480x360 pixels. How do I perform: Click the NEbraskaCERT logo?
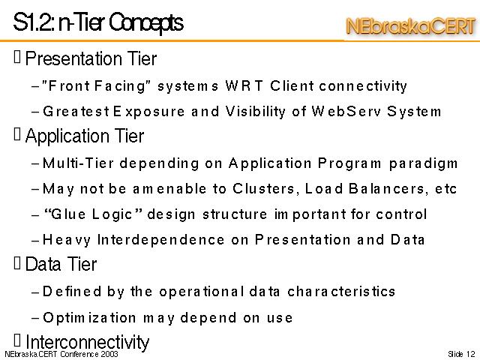tap(411, 26)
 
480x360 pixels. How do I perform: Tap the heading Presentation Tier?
tap(91, 58)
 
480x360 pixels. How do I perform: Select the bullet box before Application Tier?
tap(17, 134)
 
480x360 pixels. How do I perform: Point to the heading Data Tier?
tap(61, 264)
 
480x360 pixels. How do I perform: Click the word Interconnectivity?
tap(87, 342)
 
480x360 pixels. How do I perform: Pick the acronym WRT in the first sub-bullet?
tap(244, 85)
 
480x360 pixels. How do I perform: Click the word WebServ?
tap(346, 111)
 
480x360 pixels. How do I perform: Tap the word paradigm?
tap(423, 163)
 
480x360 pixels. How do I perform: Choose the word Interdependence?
tap(160, 240)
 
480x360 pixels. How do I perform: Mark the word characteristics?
tap(341, 291)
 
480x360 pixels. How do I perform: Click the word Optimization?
tap(89, 318)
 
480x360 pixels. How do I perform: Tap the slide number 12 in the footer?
tap(471, 354)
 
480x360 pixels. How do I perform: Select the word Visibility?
tap(255, 112)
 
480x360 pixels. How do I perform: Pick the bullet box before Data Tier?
tap(17, 263)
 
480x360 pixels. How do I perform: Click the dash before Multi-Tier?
tap(35, 164)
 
